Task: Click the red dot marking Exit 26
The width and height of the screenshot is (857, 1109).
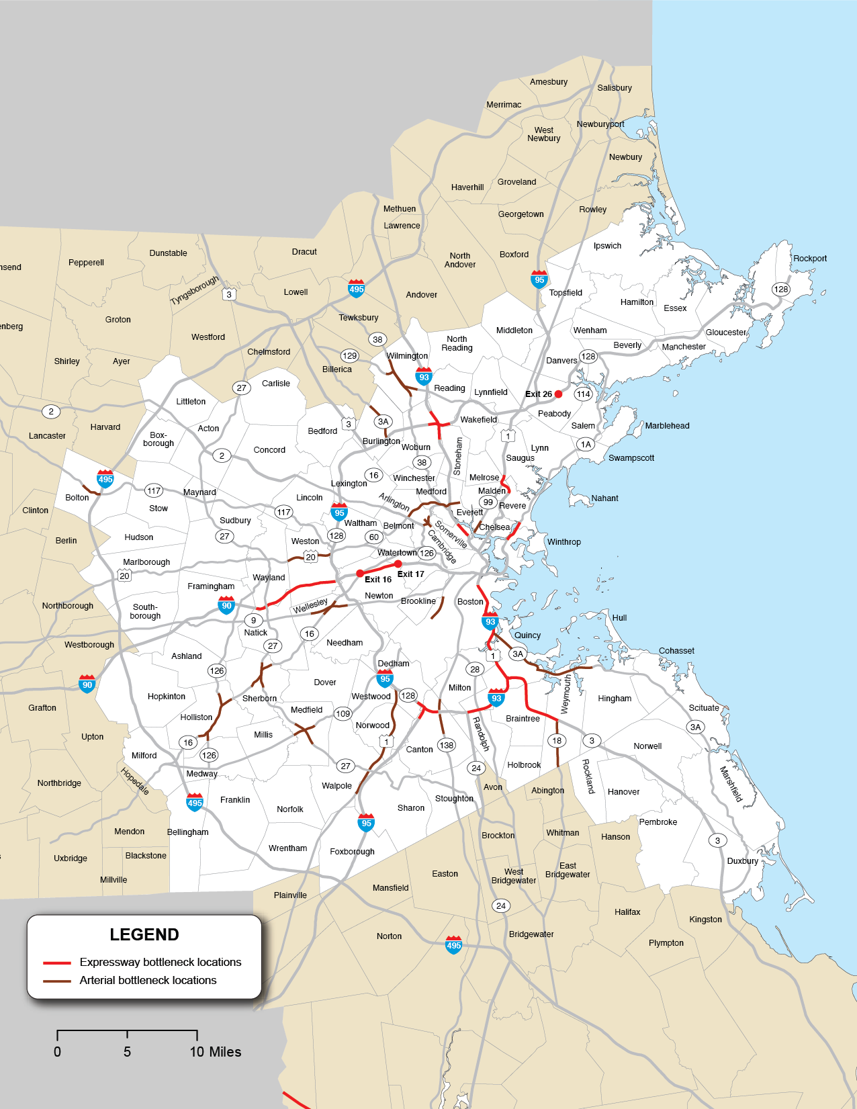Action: click(x=558, y=394)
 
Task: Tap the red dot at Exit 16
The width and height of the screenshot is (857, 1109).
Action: click(x=360, y=574)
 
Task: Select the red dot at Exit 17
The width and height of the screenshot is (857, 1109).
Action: click(x=398, y=564)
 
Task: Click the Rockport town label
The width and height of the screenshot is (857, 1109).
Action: click(x=810, y=259)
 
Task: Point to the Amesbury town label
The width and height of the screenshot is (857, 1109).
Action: click(x=549, y=82)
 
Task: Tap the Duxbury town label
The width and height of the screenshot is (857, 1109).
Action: click(x=742, y=861)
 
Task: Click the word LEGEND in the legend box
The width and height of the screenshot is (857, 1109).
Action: click(x=144, y=935)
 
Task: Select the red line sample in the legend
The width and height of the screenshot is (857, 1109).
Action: click(x=57, y=963)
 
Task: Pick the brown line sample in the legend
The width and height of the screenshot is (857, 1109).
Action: click(x=57, y=981)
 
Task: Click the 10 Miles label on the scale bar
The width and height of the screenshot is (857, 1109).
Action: click(x=215, y=1052)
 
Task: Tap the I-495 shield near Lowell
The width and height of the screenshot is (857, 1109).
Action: click(x=357, y=289)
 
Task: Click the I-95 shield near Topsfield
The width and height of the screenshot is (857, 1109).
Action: click(x=539, y=279)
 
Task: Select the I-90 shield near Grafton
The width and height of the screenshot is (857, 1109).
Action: click(x=87, y=684)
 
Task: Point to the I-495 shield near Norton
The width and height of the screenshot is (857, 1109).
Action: click(x=454, y=945)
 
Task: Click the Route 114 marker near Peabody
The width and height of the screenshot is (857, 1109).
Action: click(x=583, y=394)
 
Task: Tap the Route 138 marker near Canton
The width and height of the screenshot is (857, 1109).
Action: click(x=446, y=745)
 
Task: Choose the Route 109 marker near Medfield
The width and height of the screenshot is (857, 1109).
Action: click(x=343, y=713)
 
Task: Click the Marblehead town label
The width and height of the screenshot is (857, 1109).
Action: click(x=667, y=426)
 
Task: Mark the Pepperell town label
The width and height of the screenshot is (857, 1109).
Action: click(x=86, y=263)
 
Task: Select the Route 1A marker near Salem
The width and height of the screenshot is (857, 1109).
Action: click(x=586, y=444)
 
